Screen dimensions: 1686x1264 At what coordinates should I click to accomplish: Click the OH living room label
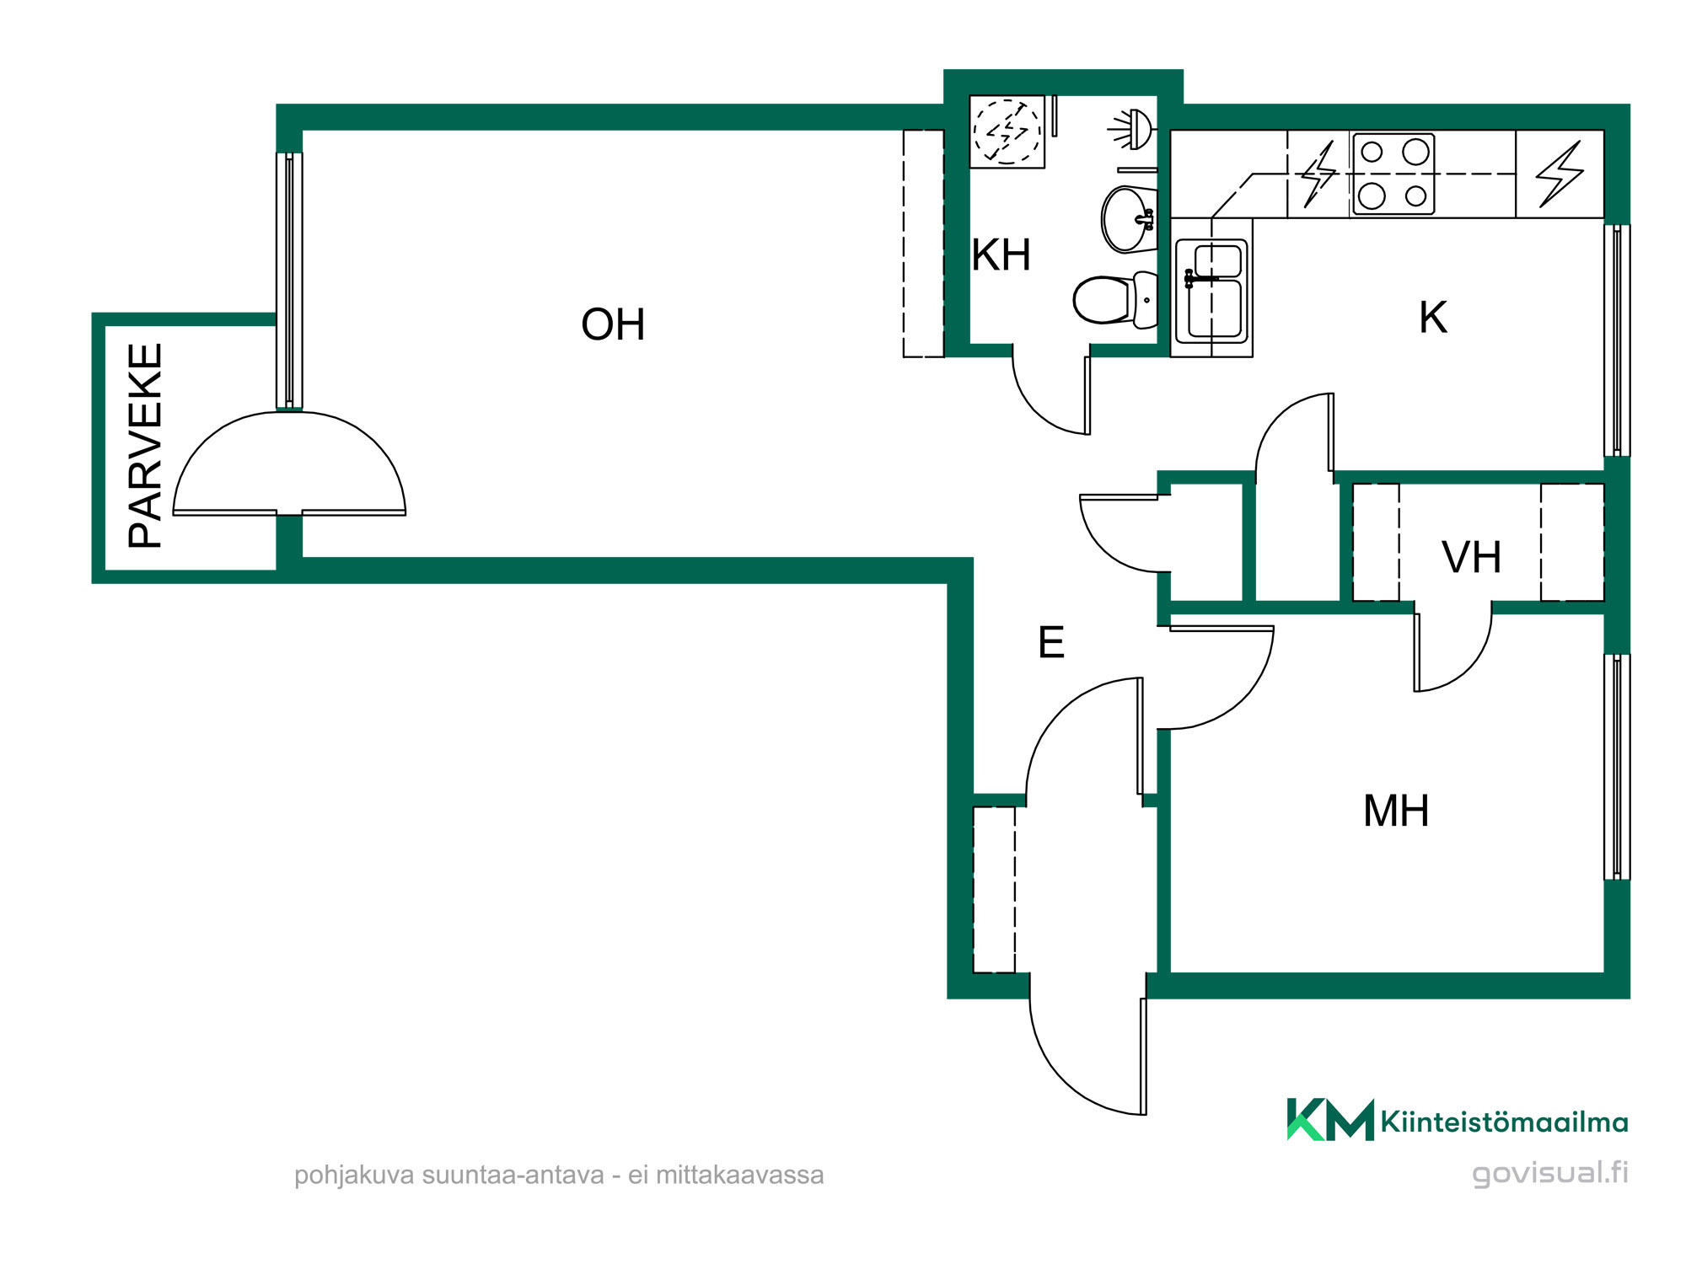613,324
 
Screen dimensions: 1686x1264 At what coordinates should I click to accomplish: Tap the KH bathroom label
1001,254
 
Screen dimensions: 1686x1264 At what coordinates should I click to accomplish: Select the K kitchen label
1433,318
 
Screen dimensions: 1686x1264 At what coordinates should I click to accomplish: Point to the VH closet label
1472,557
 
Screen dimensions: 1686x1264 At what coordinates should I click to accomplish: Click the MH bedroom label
1396,811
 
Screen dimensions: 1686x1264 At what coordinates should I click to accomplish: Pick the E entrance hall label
1051,642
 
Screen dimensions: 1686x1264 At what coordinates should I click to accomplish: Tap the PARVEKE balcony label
145,446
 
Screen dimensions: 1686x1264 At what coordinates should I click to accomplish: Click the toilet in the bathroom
1115,299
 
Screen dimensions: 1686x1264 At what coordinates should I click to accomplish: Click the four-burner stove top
1393,174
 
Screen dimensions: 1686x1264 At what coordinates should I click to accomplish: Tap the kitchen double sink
1211,289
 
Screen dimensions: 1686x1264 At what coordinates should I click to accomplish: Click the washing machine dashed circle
1007,131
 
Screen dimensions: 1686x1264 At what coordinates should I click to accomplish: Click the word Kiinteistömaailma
1504,1122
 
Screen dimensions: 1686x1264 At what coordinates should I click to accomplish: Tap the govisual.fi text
1550,1173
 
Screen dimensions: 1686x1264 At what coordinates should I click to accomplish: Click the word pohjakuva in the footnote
355,1176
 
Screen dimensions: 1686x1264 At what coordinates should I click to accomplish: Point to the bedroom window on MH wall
1616,767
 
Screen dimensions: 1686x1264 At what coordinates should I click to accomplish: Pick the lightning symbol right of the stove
1560,174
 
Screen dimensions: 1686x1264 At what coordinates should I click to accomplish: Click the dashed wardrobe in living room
923,244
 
